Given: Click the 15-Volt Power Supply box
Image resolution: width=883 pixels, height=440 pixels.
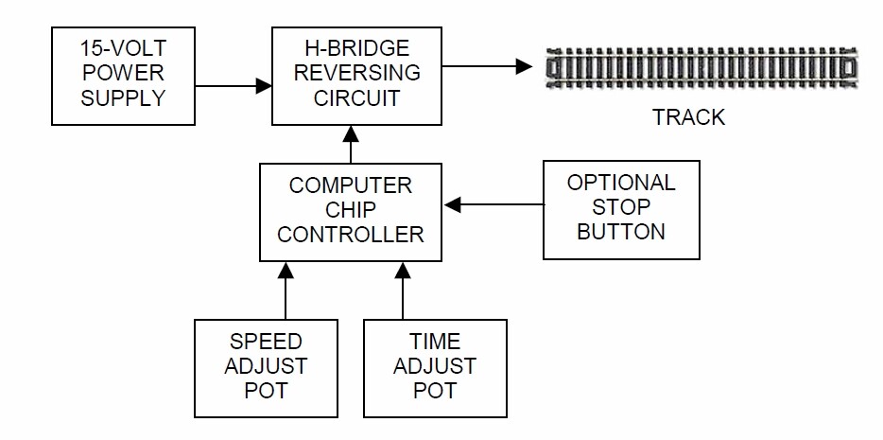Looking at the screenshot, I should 123,76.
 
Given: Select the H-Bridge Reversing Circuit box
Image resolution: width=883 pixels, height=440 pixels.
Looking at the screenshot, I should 356,76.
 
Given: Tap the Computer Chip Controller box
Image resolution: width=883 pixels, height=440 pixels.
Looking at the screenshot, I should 351,212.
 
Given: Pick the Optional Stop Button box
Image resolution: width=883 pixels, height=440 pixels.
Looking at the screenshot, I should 621,209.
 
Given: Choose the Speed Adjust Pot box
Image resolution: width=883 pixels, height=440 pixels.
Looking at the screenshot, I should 266,367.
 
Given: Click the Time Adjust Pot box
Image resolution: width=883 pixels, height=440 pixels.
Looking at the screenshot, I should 435,367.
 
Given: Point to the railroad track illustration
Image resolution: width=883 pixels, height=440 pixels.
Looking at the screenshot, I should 703,70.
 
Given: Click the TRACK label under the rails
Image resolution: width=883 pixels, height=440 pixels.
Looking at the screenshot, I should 688,118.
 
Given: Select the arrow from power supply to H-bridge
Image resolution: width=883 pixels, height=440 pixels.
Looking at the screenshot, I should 233,86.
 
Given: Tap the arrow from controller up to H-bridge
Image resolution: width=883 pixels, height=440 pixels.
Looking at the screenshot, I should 352,144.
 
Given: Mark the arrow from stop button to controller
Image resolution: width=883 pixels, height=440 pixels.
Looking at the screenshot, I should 493,203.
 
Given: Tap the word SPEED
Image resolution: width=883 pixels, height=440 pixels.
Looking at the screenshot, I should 266,342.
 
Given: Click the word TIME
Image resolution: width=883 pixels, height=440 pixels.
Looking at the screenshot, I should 435,342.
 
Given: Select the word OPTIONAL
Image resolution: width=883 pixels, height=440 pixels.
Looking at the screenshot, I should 621,183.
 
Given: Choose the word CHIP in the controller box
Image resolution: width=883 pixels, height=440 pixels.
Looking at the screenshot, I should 351,210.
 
